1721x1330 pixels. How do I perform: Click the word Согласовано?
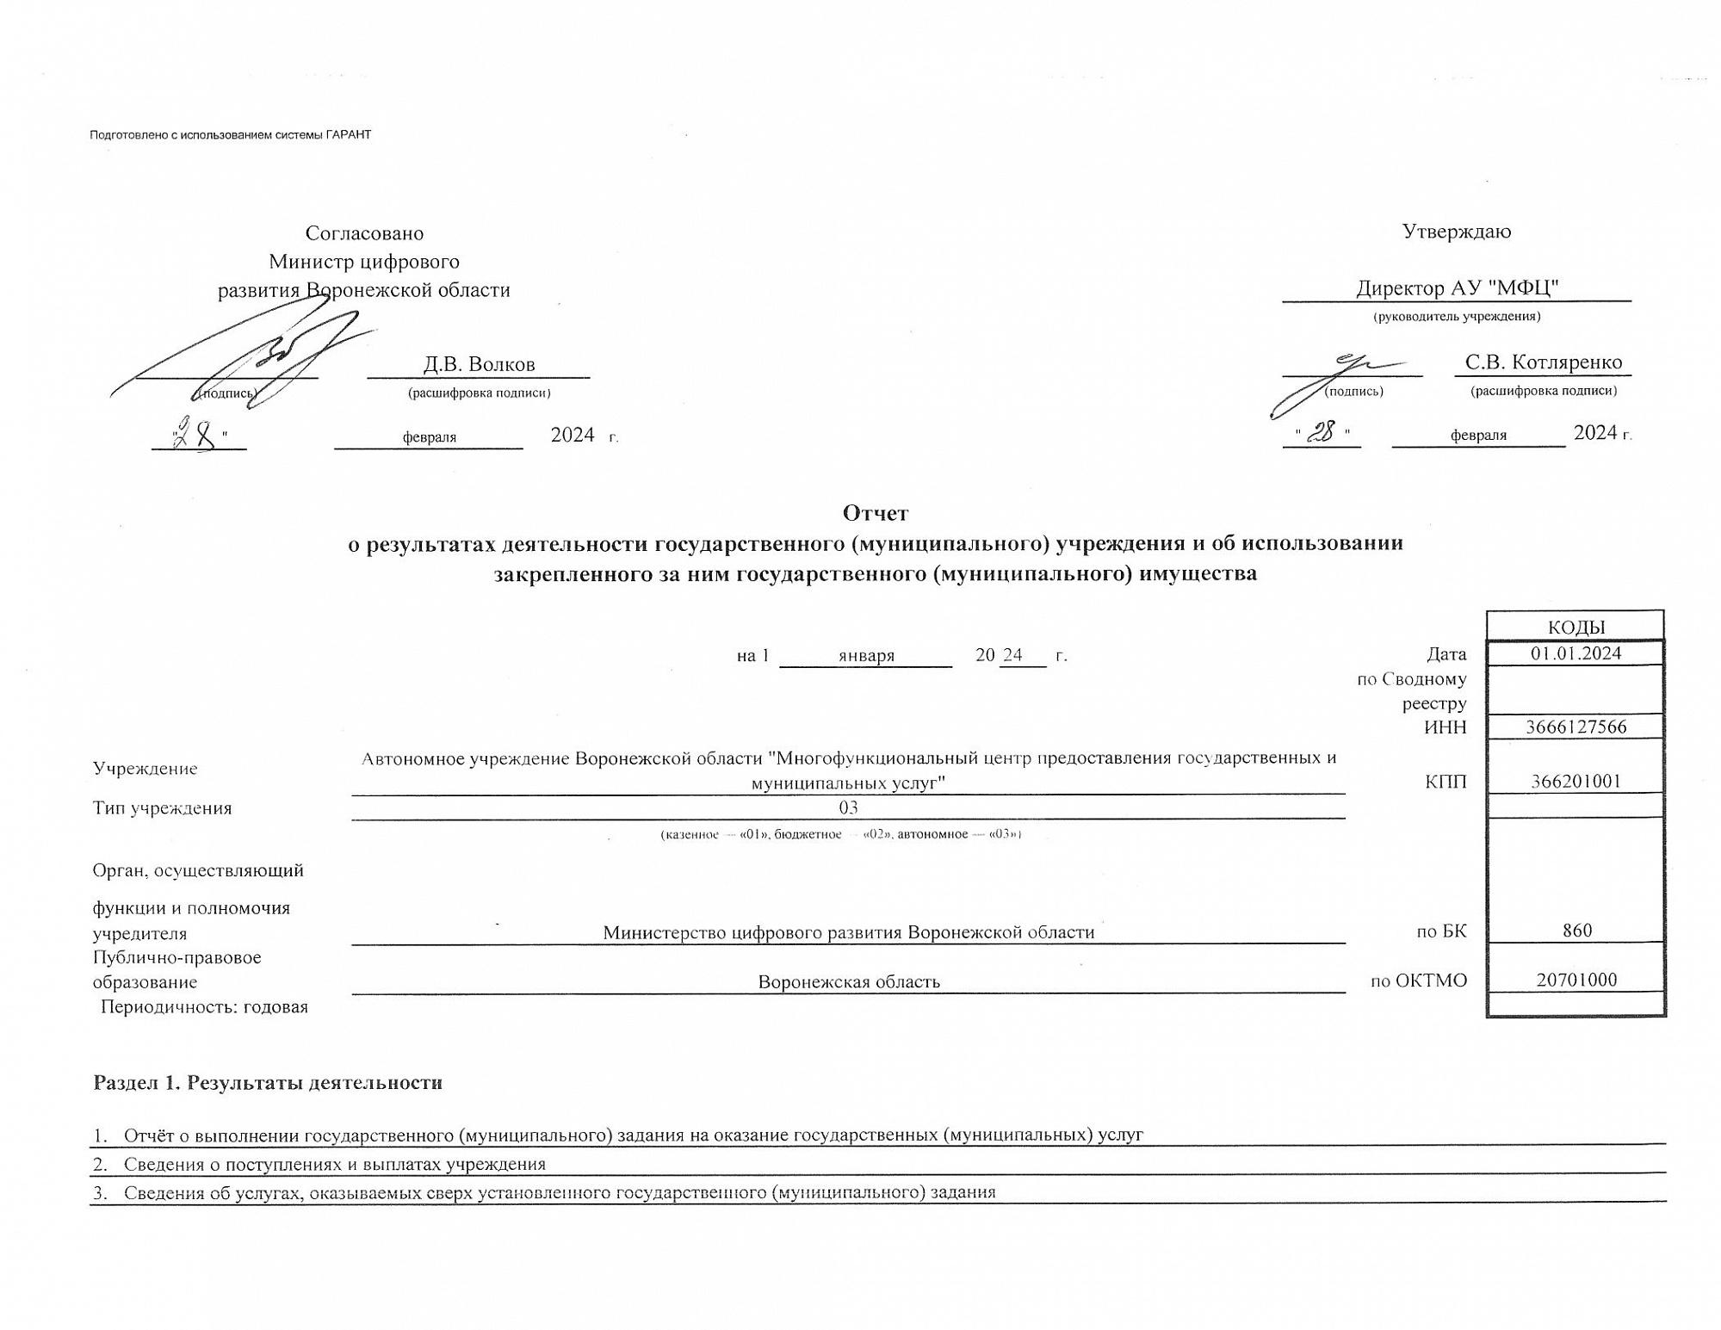pos(364,233)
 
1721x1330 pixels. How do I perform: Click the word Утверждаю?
pos(1456,232)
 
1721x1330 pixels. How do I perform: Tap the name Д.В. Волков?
pos(479,364)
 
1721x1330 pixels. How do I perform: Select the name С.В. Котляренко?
pos(1543,362)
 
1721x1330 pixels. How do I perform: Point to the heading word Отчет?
pos(875,513)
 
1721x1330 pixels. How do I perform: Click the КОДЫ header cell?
pos(1576,627)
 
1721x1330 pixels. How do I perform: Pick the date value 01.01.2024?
pos(1576,653)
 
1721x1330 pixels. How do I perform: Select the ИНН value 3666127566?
pos(1576,727)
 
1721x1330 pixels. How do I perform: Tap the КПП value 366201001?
pos(1576,782)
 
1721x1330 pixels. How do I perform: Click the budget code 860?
pos(1576,931)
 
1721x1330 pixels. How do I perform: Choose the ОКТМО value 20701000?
pos(1576,980)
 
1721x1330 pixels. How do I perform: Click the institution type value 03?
pos(848,807)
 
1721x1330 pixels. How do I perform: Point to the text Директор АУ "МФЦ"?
pos(1457,288)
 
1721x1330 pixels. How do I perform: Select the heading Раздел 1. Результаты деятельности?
pos(268,1082)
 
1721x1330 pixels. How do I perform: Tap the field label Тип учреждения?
pos(162,808)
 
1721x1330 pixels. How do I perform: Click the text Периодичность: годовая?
pos(204,1006)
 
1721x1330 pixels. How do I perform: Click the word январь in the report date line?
pos(866,656)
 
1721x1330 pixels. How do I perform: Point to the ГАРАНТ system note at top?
pos(230,135)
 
